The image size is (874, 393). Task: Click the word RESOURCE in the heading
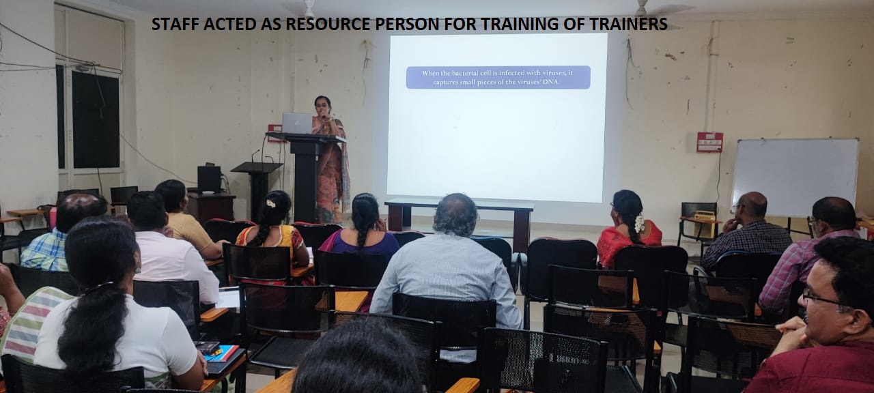coord(328,24)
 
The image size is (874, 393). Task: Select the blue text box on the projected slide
coord(498,77)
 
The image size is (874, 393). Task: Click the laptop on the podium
coord(297,123)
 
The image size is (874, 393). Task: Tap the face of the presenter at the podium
coord(323,106)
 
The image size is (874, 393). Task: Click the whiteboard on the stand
coord(795,177)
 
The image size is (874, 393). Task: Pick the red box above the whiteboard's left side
coord(709,142)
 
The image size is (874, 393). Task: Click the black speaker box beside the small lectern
coord(209,179)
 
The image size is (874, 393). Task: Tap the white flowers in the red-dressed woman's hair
coord(639,224)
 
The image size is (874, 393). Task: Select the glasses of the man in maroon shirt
coord(821,300)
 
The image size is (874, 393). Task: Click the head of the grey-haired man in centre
coord(455,215)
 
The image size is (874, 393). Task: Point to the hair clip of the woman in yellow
coord(270,203)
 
